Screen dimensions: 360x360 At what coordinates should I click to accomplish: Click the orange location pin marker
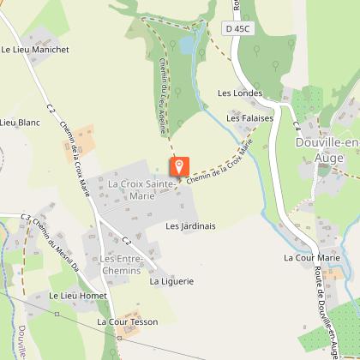[178, 166]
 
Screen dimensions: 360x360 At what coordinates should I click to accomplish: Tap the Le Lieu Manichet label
[35, 50]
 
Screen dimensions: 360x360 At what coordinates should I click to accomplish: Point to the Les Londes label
[239, 93]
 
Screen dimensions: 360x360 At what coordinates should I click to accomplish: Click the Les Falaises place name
[249, 118]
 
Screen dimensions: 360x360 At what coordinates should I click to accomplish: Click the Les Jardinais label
[190, 226]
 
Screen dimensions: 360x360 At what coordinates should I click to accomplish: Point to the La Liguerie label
[171, 280]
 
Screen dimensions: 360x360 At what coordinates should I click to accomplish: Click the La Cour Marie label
[311, 257]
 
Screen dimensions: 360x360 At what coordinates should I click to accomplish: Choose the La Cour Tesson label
[128, 322]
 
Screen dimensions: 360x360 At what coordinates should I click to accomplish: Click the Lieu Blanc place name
[21, 123]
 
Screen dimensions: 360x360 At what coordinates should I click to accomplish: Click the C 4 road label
[295, 125]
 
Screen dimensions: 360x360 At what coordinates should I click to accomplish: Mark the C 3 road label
[25, 218]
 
